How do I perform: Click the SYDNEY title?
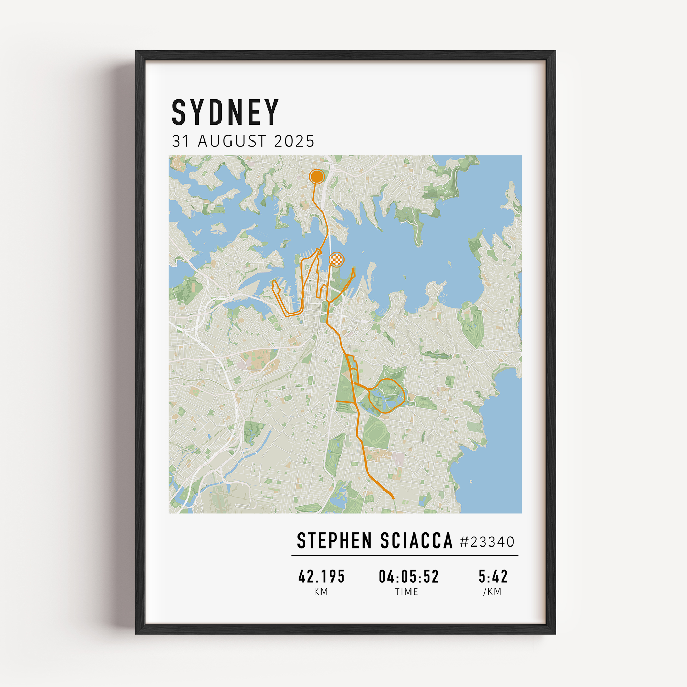pos(225,112)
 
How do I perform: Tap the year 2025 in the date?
pos(294,142)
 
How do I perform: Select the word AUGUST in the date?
pos(232,142)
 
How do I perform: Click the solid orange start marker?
pos(316,176)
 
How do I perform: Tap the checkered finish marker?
pos(336,259)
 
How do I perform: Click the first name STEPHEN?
pos(335,541)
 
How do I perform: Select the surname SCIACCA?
pos(416,541)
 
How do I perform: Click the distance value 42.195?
pos(322,577)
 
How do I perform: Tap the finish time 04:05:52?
pos(408,577)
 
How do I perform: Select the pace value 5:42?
pos(493,577)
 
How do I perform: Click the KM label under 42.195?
pos(321,592)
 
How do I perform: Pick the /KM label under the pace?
pos(493,592)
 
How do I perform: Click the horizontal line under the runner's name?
pos(405,555)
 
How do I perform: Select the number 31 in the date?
pos(181,142)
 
